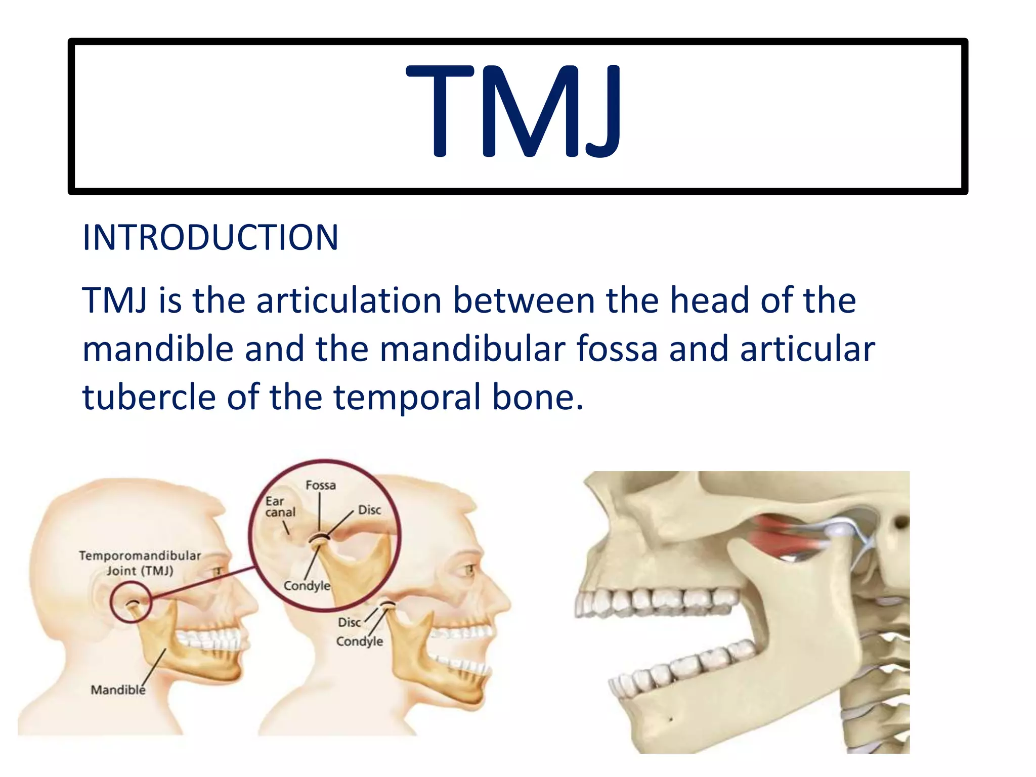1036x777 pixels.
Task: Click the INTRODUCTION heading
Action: tap(210, 238)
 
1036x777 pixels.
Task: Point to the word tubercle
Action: tap(149, 397)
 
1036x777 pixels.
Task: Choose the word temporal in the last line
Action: tap(407, 397)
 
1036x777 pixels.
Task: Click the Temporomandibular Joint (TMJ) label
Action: tap(140, 563)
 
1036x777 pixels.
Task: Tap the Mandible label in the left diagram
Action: tap(117, 689)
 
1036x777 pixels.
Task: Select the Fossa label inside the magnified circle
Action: tap(320, 485)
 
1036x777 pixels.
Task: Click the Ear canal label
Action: tap(280, 507)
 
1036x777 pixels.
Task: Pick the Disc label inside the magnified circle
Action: tap(369, 510)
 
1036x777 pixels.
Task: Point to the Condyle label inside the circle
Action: tap(307, 586)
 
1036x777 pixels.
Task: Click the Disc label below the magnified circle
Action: tap(349, 622)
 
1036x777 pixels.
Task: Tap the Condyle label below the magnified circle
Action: tap(359, 641)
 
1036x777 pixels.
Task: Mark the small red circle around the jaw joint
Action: tap(131, 602)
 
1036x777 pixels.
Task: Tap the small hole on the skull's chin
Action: tap(671, 719)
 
